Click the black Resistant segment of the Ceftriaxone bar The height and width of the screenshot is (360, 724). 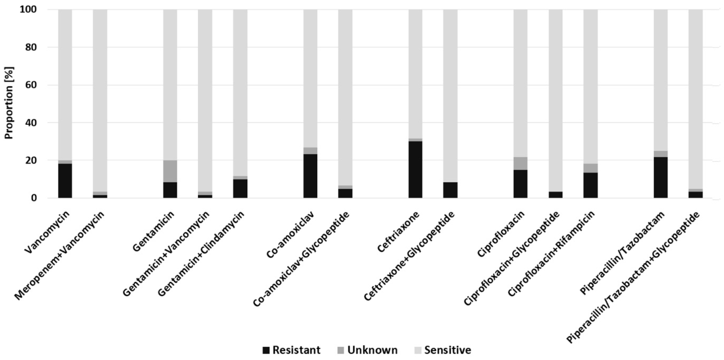point(415,170)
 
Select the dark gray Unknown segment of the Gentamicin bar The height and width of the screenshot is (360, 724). point(170,171)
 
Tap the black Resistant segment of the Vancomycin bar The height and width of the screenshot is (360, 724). point(65,181)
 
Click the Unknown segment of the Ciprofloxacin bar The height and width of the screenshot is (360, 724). point(520,163)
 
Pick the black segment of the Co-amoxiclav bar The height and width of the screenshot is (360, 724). point(310,176)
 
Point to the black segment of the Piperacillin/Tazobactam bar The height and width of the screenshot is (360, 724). point(660,177)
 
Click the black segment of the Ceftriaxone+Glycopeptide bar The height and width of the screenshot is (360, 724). point(450,190)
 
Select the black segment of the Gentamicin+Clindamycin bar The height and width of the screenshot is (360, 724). point(240,188)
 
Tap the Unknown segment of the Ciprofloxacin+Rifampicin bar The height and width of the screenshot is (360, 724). point(591,168)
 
